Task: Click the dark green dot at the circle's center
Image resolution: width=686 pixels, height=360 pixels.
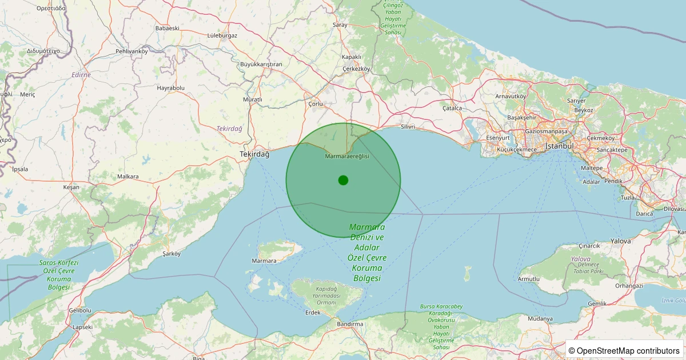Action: coord(343,180)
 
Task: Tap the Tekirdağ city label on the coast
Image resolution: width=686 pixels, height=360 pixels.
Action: coord(254,154)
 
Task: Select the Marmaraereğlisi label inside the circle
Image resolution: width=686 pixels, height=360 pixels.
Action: coord(347,157)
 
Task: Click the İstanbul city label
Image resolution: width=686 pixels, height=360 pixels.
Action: coord(560,146)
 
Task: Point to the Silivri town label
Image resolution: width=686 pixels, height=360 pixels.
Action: coord(408,126)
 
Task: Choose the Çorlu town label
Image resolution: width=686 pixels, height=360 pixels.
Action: coord(316,104)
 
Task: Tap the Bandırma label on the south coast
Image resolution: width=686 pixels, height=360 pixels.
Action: coord(350,324)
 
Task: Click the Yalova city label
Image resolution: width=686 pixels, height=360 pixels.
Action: coord(621,241)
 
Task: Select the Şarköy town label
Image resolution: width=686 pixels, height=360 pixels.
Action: coord(171,253)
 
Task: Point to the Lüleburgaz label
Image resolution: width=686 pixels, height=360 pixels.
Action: coord(222,35)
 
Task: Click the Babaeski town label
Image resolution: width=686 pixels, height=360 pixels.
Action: coord(167,28)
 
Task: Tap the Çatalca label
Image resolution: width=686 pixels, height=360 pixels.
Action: coord(452,108)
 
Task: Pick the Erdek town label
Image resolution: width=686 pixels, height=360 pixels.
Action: coord(313,313)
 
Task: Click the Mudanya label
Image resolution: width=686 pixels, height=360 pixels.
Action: coord(540,318)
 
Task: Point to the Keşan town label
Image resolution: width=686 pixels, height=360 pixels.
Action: coord(71,187)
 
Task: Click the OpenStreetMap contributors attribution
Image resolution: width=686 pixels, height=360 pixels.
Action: coord(624,350)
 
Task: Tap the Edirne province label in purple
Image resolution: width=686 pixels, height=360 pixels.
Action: coord(81,75)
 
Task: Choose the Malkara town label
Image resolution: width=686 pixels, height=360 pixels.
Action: coord(128,177)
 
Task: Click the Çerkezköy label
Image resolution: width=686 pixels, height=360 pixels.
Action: coord(356,69)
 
